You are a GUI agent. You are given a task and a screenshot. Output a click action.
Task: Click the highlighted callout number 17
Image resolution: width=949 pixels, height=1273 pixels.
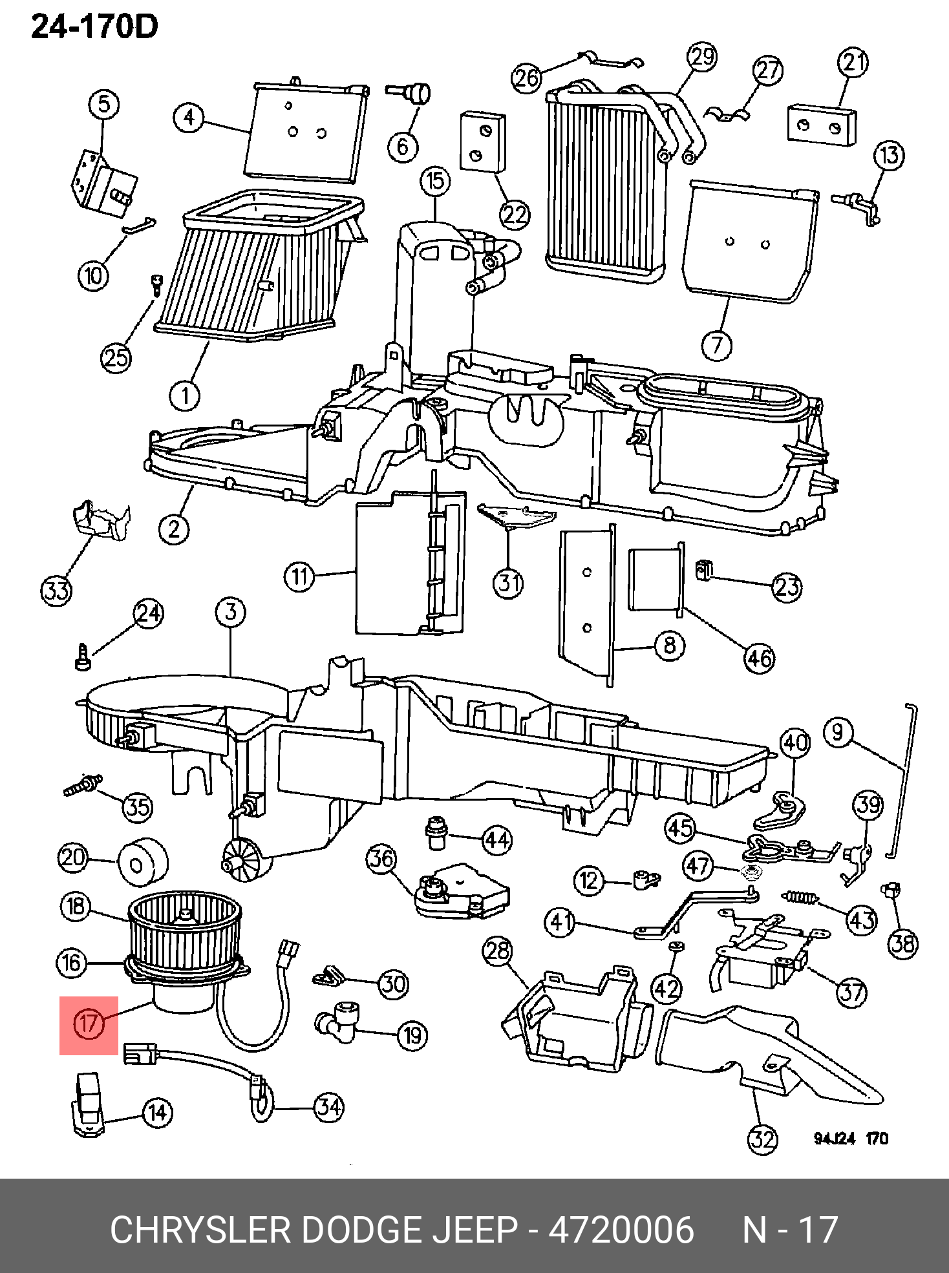tap(89, 1024)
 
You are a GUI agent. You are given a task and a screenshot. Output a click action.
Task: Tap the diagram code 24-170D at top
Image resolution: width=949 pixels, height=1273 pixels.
tap(94, 27)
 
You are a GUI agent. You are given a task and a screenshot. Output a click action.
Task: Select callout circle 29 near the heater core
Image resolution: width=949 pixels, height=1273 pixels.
tap(702, 57)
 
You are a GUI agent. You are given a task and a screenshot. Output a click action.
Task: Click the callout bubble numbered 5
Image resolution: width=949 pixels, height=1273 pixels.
tap(104, 105)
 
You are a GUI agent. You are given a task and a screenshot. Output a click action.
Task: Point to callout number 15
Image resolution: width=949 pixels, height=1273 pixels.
tap(435, 182)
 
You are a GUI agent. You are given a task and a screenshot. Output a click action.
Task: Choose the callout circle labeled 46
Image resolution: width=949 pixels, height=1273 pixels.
tap(759, 658)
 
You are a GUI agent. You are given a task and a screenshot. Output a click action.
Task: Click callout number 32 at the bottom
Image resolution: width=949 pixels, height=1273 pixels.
tap(763, 1139)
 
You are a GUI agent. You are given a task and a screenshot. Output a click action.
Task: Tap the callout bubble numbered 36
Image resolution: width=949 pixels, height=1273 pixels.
tap(381, 859)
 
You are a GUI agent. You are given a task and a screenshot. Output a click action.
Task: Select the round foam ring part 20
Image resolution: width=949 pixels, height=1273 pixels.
tap(142, 863)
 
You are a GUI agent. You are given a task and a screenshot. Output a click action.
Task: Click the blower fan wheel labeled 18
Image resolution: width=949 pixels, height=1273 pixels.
tap(184, 928)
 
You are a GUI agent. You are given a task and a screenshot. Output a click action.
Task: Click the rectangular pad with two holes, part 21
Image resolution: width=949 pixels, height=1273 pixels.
tap(822, 125)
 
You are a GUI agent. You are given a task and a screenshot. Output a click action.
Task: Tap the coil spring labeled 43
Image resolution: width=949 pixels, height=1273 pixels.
tap(801, 898)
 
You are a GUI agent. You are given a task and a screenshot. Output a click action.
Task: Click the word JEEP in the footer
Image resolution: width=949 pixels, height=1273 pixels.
tap(474, 1229)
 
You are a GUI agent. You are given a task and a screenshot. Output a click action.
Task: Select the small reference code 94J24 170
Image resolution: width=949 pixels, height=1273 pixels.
tap(851, 1139)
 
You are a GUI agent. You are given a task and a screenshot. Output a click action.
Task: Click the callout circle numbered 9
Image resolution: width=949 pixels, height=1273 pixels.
tap(838, 733)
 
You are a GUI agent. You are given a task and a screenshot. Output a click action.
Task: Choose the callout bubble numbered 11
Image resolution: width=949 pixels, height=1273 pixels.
tap(299, 576)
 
